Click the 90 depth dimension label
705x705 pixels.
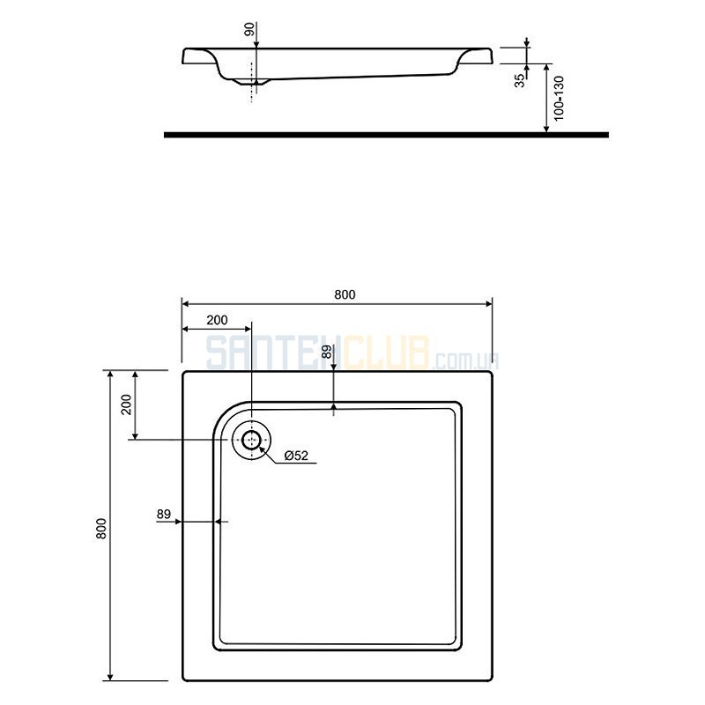tap(250, 29)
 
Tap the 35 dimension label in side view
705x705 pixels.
tap(519, 81)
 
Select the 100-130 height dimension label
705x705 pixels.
tap(559, 98)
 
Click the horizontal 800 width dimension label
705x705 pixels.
tap(345, 294)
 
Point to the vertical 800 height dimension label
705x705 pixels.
tap(101, 529)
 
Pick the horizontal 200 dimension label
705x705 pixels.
tap(217, 320)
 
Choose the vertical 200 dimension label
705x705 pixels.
tap(127, 404)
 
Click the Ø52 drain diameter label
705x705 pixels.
tap(296, 456)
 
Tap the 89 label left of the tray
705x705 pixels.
tap(164, 514)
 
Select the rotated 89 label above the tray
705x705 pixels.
tap(327, 352)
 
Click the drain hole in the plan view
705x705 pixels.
tap(251, 440)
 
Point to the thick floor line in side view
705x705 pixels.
tap(386, 135)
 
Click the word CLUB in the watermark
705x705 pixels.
tap(386, 353)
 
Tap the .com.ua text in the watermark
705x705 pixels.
tap(465, 360)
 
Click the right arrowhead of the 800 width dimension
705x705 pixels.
tap(489, 304)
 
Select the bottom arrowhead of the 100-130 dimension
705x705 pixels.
tap(546, 129)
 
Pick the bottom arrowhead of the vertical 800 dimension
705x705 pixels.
tap(111, 677)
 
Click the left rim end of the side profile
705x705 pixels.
tap(184, 56)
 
